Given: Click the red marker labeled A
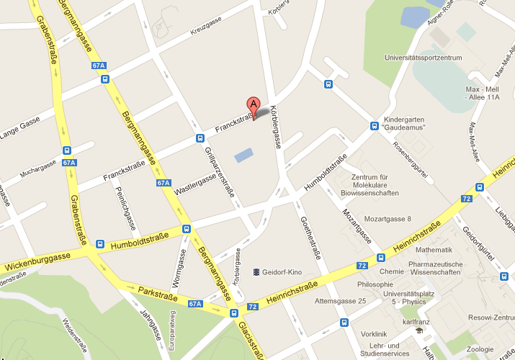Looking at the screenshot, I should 253,105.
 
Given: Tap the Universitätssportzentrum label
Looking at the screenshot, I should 423,58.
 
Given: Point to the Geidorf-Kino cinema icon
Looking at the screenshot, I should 256,272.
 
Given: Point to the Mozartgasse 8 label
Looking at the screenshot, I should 388,219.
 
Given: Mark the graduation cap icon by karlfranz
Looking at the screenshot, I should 419,330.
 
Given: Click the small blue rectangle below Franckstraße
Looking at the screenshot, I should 244,154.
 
